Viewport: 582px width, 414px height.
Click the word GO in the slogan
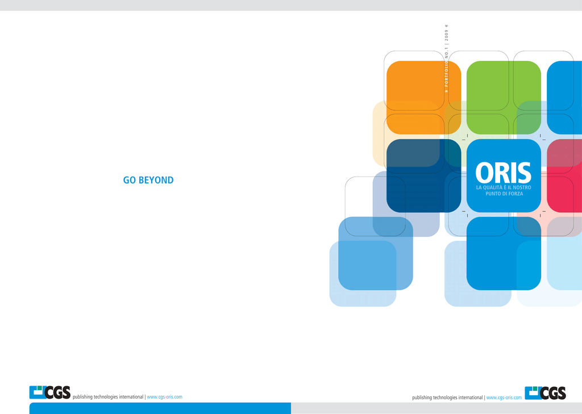tap(129, 180)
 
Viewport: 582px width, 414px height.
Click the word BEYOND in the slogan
tap(156, 180)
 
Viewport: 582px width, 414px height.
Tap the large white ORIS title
tap(504, 173)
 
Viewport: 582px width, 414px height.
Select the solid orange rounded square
tap(423, 98)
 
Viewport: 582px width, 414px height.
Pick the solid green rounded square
tap(504, 98)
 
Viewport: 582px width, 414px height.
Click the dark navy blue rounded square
tap(423, 176)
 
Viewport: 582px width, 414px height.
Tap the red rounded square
tap(564, 176)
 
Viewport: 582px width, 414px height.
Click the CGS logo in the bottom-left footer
tap(50, 392)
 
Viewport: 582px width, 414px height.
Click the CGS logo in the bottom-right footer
tap(545, 393)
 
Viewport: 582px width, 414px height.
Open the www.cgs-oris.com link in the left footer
tap(164, 397)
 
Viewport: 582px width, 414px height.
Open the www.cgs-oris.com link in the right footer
tap(504, 398)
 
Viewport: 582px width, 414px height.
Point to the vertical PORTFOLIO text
tap(447, 74)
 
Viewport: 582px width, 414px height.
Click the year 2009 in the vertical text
tap(447, 36)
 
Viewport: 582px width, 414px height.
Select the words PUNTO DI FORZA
tap(504, 194)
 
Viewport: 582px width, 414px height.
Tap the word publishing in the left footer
tap(82, 397)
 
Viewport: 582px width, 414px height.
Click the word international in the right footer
tap(471, 398)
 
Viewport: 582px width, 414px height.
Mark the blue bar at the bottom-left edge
tap(160, 408)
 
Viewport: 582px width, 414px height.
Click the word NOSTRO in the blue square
tap(522, 187)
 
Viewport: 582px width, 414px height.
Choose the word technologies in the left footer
tap(105, 397)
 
